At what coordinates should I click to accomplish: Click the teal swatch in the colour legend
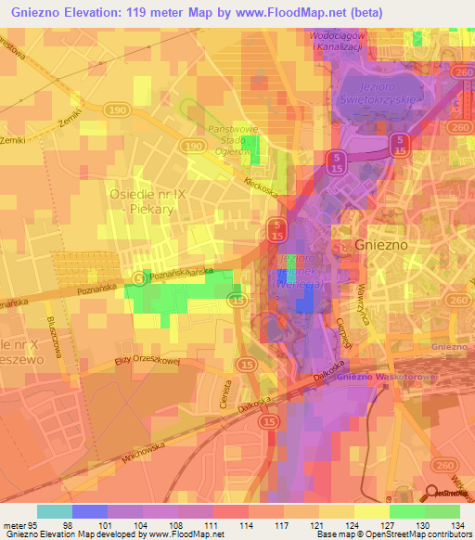click(x=55, y=511)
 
